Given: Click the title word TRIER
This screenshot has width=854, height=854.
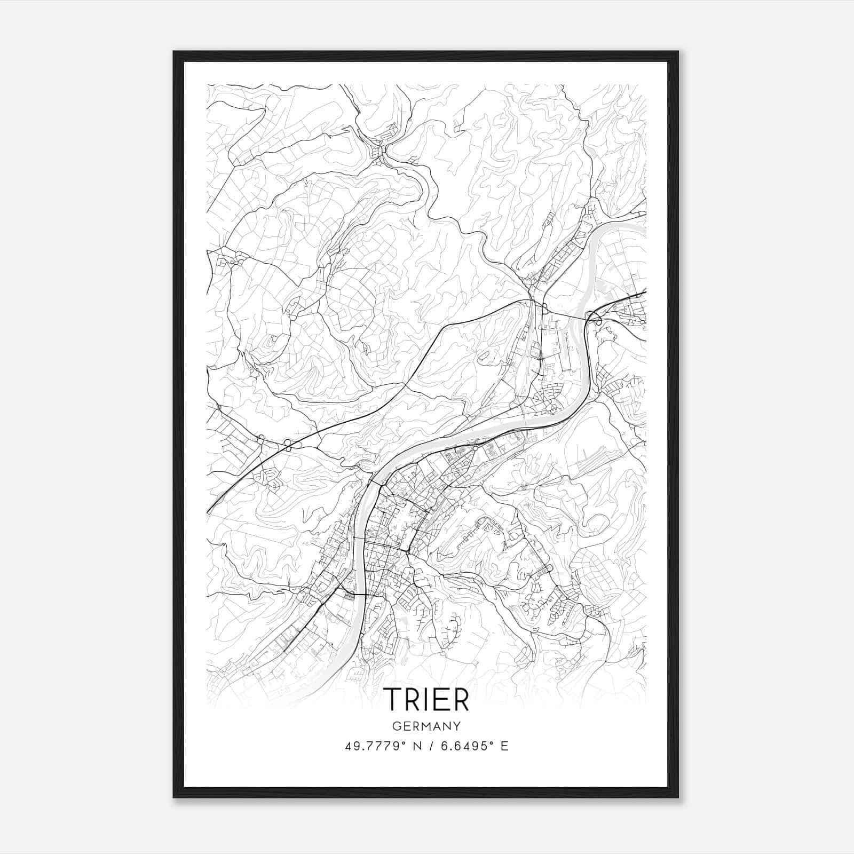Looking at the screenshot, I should (x=426, y=700).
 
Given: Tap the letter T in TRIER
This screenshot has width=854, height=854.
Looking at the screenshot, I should (x=394, y=700).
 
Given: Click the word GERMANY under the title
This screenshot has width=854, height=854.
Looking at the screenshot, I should (x=426, y=726).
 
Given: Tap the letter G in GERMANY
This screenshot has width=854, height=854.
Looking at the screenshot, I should (x=396, y=726).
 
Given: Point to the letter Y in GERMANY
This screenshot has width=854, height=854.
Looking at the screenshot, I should (x=457, y=726).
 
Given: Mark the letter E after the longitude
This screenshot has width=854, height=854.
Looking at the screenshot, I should (x=504, y=746).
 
